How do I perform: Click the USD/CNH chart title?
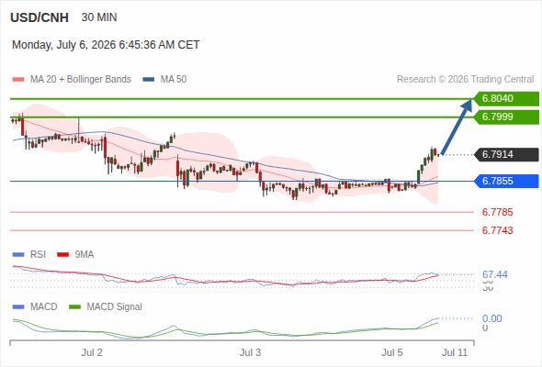40,17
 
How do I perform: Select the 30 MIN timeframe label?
99,17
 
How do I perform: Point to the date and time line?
106,45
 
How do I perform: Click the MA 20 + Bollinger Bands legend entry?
72,80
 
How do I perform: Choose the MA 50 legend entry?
164,80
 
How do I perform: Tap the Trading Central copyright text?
465,80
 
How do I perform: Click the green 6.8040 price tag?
506,98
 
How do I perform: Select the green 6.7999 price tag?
506,117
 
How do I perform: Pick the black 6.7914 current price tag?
506,154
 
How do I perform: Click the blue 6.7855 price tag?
506,181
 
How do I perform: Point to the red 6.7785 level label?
497,212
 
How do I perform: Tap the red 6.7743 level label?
497,230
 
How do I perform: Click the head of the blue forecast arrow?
471,100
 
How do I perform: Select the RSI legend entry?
29,254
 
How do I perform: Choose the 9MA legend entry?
75,254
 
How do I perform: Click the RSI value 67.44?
495,274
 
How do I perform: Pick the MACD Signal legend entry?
106,306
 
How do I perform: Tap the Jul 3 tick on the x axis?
250,352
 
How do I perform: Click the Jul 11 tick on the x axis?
455,352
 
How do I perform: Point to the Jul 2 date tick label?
92,352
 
